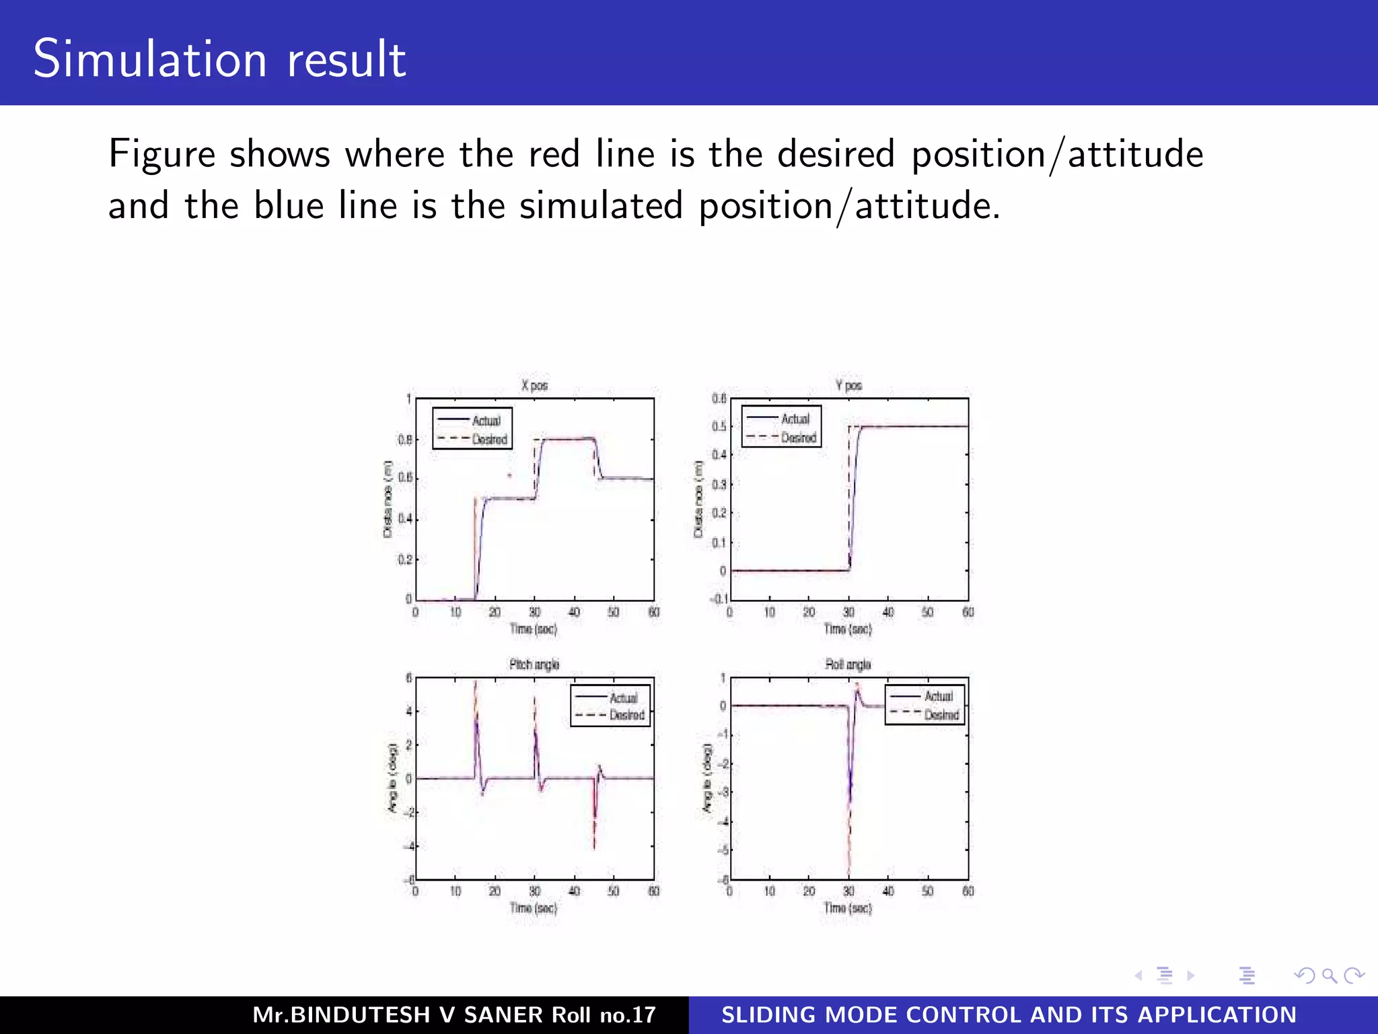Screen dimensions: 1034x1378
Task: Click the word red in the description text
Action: point(554,154)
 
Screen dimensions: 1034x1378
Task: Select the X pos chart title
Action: point(534,386)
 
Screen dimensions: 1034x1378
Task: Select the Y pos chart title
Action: point(848,386)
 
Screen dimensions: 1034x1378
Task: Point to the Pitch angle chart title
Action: point(534,664)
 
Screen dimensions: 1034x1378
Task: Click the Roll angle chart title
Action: point(848,664)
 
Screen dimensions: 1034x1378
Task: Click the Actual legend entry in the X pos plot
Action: point(485,421)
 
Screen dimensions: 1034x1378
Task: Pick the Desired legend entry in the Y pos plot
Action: point(798,438)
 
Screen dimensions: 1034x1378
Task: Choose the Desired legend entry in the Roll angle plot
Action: point(941,714)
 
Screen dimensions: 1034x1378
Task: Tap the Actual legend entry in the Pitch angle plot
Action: point(623,698)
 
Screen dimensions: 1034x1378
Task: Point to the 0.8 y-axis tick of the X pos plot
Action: point(404,440)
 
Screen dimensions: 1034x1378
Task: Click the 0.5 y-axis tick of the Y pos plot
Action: point(719,426)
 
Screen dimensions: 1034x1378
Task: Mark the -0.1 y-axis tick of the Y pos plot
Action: point(717,598)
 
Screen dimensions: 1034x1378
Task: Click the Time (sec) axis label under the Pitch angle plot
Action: point(533,908)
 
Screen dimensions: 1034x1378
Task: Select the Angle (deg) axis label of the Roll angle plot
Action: point(706,778)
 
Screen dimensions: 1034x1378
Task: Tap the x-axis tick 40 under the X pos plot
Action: point(574,612)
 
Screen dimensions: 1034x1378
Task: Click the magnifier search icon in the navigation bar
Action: point(1328,975)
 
